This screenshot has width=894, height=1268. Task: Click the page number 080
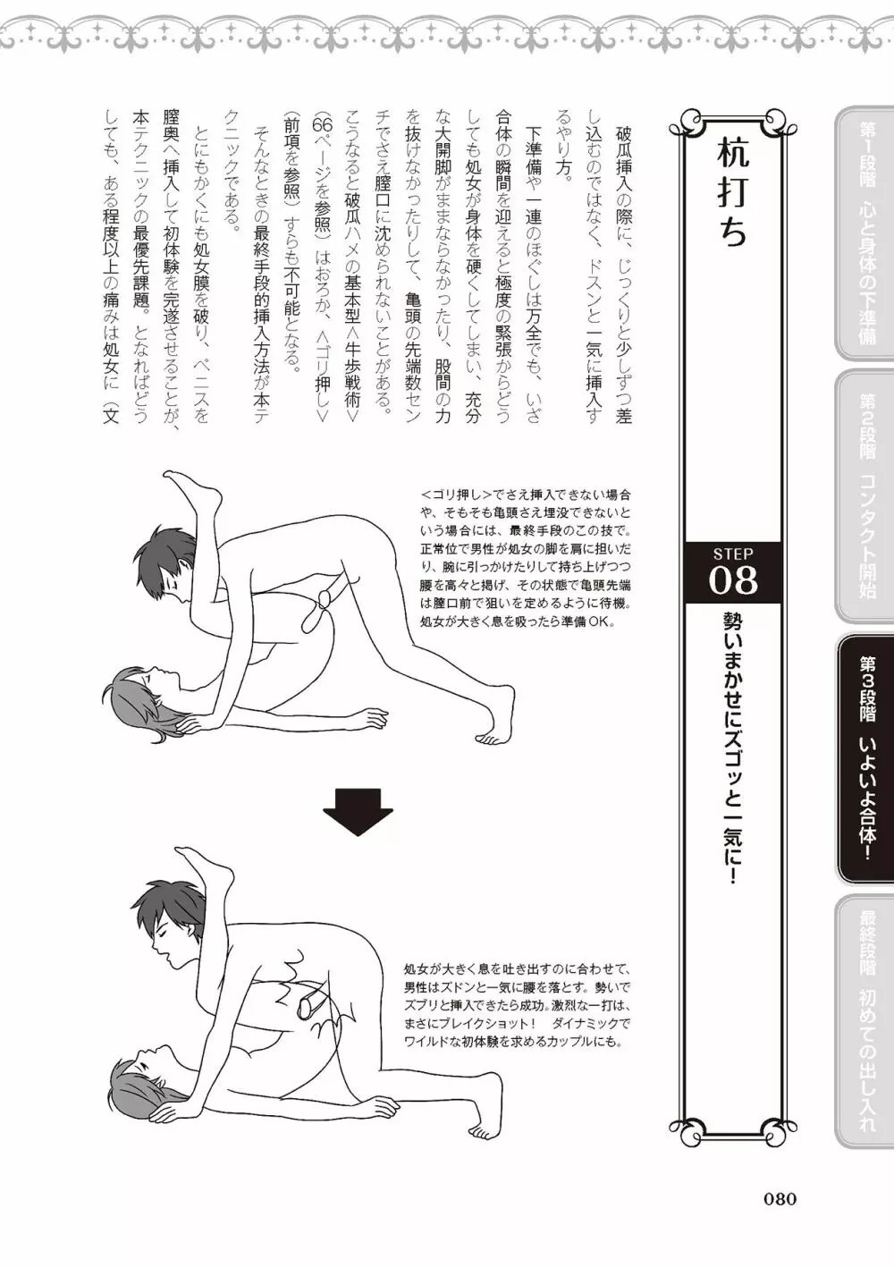pos(780,1197)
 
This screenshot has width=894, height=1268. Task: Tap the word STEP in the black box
pos(733,554)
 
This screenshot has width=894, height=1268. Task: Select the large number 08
pos(733,580)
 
